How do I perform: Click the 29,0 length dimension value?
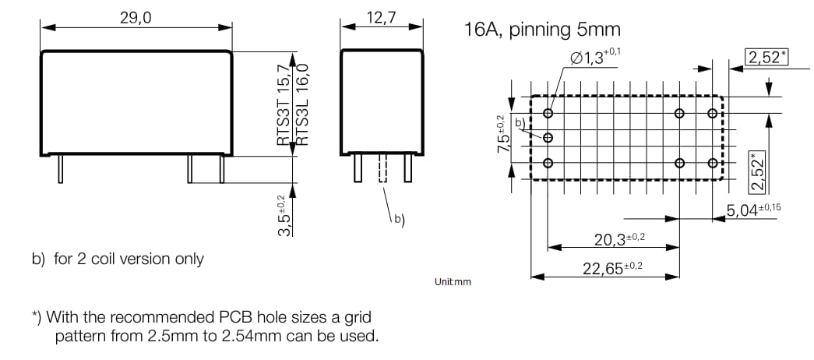tap(136, 17)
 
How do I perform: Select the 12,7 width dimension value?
tap(381, 17)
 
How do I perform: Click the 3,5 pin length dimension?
tap(285, 217)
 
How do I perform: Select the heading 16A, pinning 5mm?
tap(542, 30)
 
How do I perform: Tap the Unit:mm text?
tap(453, 281)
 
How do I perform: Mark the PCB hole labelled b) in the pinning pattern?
tap(548, 138)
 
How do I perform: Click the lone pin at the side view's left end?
tap(60, 168)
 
